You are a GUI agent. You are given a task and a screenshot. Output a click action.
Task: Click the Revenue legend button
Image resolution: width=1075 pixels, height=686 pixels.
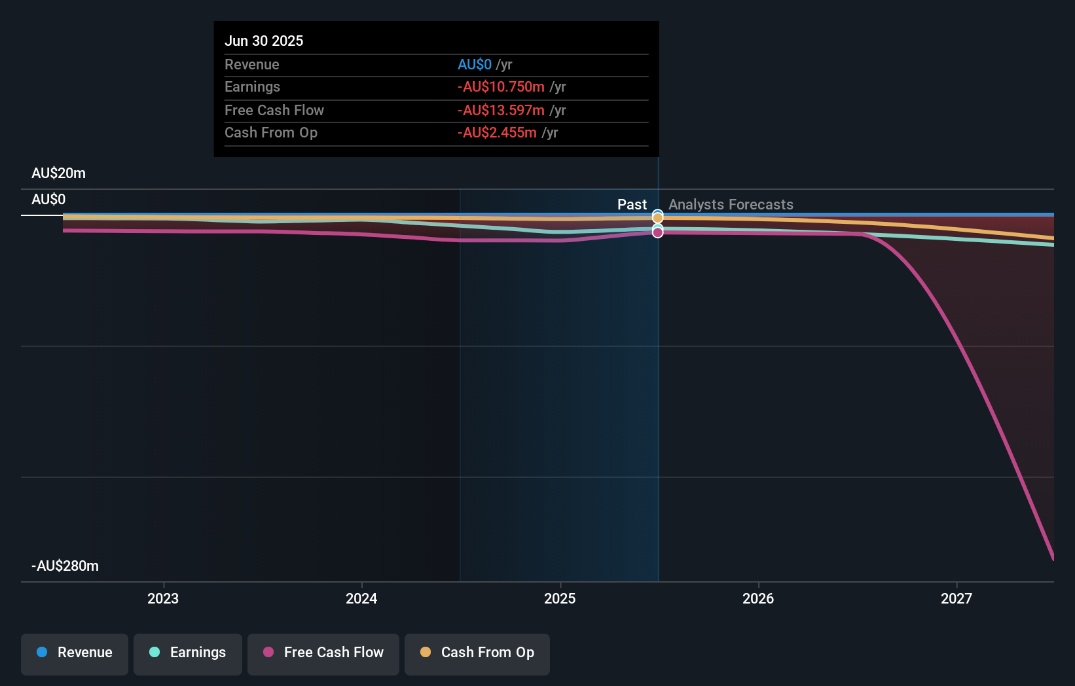pyautogui.click(x=75, y=653)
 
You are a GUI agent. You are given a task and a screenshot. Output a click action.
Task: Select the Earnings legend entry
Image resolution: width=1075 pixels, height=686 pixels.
pyautogui.click(x=188, y=653)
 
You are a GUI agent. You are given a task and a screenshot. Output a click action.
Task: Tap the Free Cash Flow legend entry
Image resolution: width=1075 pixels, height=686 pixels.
pyautogui.click(x=323, y=653)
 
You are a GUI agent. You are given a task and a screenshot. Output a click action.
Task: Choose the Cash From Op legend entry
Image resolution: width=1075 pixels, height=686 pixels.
pyautogui.click(x=477, y=653)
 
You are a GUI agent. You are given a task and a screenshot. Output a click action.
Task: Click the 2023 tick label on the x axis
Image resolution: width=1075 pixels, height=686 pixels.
pyautogui.click(x=163, y=599)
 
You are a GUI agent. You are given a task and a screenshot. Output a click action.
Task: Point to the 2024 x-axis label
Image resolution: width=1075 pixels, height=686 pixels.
pyautogui.click(x=361, y=599)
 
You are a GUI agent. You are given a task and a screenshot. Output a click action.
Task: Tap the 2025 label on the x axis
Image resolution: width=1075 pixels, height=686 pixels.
pyautogui.click(x=560, y=599)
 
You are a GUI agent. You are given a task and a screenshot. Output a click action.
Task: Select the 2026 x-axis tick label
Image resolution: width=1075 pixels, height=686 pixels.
pyautogui.click(x=758, y=599)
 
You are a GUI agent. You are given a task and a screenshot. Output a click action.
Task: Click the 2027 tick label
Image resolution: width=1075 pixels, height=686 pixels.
pyautogui.click(x=957, y=599)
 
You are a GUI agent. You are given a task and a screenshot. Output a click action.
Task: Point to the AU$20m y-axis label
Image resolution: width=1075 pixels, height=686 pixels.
pyautogui.click(x=58, y=173)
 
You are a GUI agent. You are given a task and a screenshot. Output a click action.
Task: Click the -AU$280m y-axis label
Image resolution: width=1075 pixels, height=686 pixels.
pyautogui.click(x=65, y=566)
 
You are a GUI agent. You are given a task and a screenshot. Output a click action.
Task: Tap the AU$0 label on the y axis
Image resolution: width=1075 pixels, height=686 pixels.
pyautogui.click(x=48, y=200)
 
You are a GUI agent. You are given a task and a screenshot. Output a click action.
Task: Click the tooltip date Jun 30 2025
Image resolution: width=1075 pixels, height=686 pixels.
pyautogui.click(x=264, y=41)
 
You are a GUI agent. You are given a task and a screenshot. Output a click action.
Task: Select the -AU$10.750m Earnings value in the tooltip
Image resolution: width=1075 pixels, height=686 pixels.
pyautogui.click(x=501, y=87)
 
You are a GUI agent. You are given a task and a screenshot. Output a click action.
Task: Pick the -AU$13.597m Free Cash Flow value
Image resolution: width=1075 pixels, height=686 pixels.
pyautogui.click(x=501, y=111)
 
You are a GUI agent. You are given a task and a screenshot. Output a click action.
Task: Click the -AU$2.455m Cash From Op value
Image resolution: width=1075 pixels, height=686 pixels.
pyautogui.click(x=497, y=133)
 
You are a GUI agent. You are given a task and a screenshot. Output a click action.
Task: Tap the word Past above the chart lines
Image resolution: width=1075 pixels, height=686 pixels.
pyautogui.click(x=632, y=205)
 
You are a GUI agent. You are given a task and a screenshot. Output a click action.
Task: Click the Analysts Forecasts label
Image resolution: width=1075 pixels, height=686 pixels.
pyautogui.click(x=731, y=205)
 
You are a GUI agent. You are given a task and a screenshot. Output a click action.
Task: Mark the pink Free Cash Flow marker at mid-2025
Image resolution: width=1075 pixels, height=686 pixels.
pyautogui.click(x=657, y=232)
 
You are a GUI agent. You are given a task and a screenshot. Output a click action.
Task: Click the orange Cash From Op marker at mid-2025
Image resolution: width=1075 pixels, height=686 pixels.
pyautogui.click(x=657, y=217)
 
